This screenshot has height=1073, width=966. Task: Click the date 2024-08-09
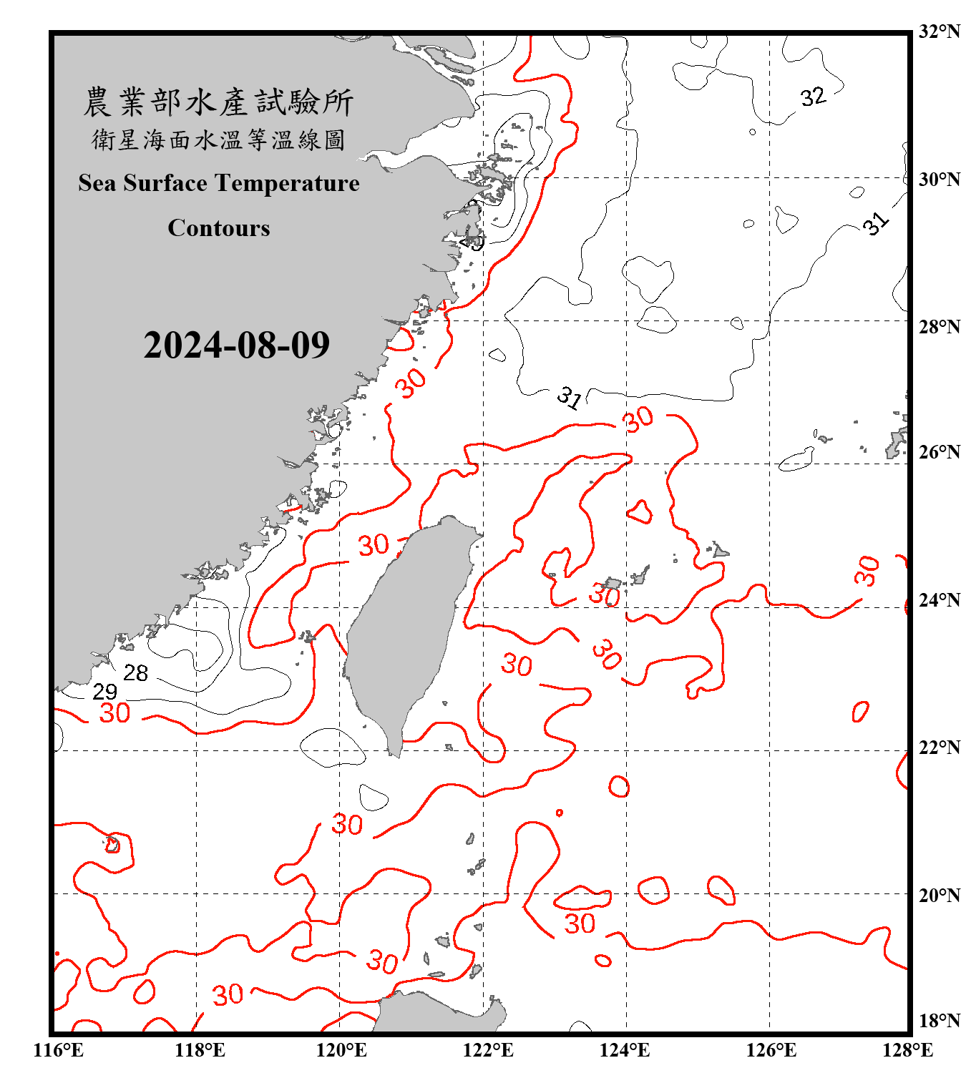coord(236,346)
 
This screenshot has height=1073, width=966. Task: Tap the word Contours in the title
coord(219,228)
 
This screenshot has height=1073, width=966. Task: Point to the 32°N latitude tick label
coord(939,31)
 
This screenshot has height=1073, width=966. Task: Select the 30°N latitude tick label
coord(939,179)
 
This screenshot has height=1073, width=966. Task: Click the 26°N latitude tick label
coord(939,452)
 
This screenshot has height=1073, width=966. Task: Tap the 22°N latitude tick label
coord(939,748)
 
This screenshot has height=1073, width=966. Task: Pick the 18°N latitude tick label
coord(939,1021)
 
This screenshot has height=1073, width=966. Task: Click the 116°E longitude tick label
coord(58,1050)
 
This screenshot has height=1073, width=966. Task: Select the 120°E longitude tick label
coord(341,1050)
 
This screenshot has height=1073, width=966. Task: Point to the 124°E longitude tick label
coord(625,1050)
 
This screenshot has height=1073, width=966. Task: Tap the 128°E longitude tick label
coord(907,1050)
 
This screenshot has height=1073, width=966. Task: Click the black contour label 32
coord(813,97)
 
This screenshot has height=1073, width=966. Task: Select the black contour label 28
coord(135,673)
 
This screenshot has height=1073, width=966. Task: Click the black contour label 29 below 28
coord(105,692)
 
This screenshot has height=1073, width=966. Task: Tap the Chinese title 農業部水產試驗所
coord(219,102)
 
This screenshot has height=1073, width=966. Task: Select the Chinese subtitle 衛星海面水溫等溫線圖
coord(219,140)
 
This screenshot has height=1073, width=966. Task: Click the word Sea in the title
coord(97,183)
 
